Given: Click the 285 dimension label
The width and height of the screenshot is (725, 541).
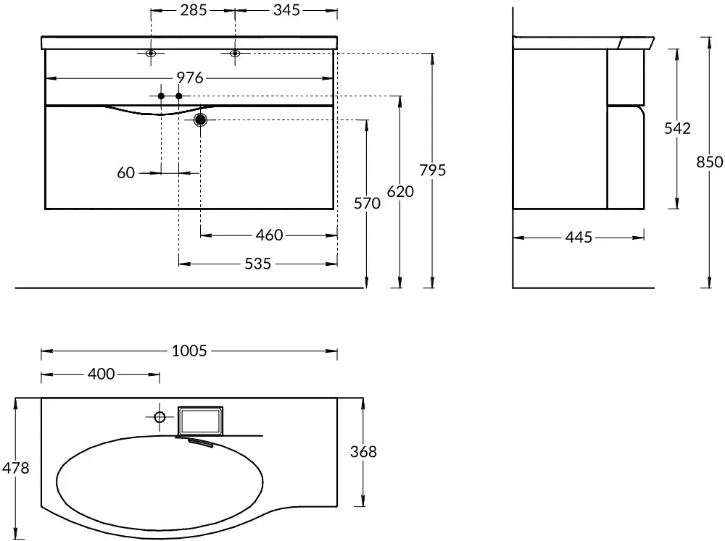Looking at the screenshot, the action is (194, 9).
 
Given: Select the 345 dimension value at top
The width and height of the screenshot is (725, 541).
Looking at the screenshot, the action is (286, 9).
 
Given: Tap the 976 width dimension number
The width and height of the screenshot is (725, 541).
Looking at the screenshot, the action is (190, 77).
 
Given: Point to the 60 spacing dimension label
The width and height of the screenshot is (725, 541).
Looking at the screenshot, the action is (125, 173).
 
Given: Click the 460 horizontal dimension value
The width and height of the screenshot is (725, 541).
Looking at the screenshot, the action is (269, 235).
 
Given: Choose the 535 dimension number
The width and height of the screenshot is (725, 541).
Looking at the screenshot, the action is (258, 264).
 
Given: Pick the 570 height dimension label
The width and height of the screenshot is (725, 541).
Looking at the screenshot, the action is (367, 204).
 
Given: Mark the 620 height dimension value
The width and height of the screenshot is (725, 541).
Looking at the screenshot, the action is (400, 191).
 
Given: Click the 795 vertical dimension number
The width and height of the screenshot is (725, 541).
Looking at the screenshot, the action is (433, 170).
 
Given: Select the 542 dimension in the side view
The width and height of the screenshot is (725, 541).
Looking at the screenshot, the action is (677, 128).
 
